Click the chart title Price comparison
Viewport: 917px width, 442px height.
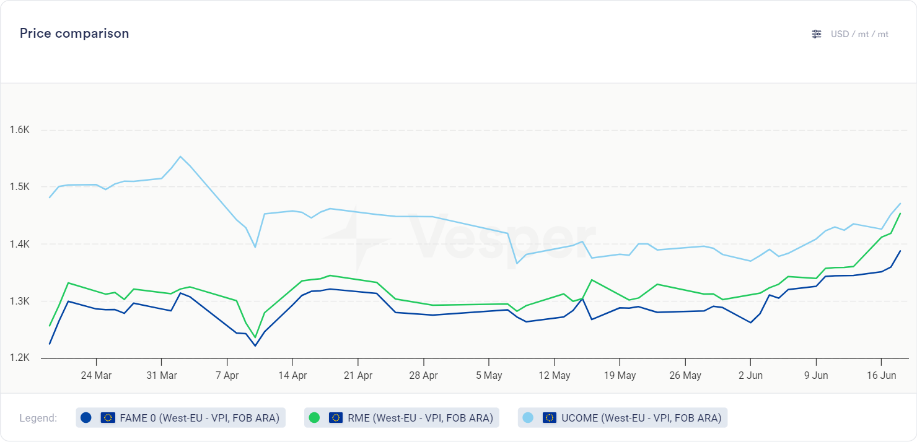(x=74, y=33)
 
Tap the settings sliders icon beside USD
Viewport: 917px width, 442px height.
(x=817, y=34)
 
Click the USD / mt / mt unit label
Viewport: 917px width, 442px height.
(x=859, y=34)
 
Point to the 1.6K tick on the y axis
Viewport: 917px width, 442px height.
(x=20, y=130)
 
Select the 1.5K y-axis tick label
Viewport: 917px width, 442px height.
(x=20, y=187)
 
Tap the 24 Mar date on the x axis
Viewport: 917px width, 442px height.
(x=96, y=375)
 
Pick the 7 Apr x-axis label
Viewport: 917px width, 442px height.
(x=227, y=375)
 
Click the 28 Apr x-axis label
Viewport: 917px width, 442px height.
(x=424, y=375)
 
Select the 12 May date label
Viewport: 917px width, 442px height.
(x=554, y=375)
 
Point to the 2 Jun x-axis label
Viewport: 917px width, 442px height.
(x=750, y=375)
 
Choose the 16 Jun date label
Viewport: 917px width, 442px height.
(x=880, y=375)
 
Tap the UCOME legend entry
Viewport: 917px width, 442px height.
(x=623, y=418)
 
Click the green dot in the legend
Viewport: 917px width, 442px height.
(x=314, y=418)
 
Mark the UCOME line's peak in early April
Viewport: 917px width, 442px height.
(x=180, y=157)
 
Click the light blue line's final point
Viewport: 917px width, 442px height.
(x=900, y=204)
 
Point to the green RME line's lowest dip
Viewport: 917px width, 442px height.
(x=255, y=337)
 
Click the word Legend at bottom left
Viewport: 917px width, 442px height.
(x=38, y=418)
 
